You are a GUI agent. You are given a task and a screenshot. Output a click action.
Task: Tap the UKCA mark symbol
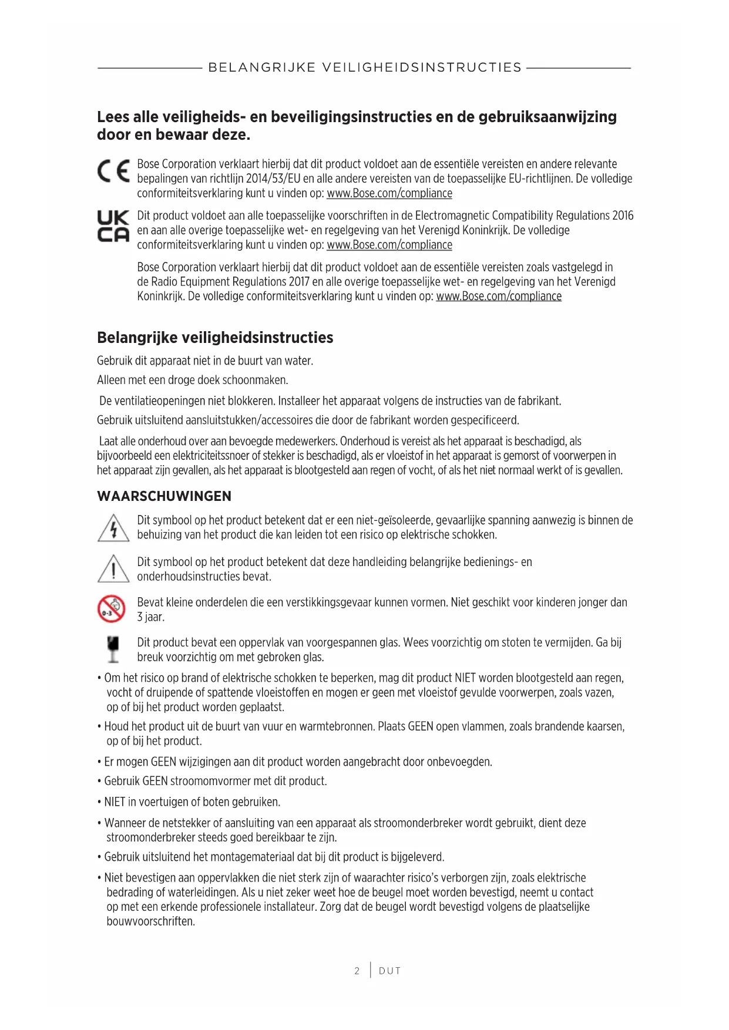tap(113, 227)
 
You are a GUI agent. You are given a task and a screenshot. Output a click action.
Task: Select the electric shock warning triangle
tap(113, 527)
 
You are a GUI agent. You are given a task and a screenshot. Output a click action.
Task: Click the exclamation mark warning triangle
tap(113, 568)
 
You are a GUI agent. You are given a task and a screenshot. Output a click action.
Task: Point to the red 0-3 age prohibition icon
tap(112, 608)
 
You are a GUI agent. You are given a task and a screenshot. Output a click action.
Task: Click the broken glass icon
tap(113, 649)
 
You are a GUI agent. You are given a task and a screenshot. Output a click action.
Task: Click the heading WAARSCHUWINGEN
tap(164, 496)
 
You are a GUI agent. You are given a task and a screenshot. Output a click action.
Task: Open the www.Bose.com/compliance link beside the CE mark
tap(389, 193)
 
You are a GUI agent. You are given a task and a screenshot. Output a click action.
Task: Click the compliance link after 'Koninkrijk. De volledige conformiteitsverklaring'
tap(499, 296)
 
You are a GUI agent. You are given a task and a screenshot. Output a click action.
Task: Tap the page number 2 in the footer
tap(357, 971)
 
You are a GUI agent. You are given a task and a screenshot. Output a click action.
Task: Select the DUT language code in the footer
tap(389, 971)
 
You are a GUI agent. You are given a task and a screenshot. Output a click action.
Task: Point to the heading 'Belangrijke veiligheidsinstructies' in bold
tap(215, 338)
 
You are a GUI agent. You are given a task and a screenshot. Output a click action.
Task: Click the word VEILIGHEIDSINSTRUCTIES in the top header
tap(422, 68)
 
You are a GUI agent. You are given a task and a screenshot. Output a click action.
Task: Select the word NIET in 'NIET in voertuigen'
tap(115, 802)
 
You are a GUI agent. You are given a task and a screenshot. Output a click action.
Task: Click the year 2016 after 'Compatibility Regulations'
tap(623, 216)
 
